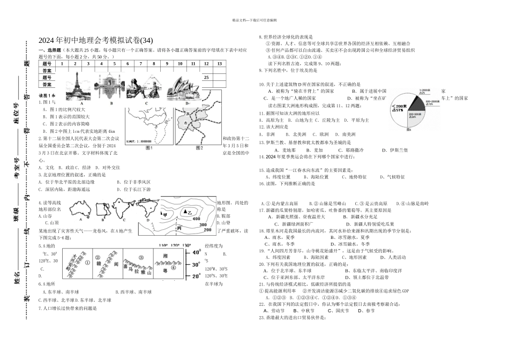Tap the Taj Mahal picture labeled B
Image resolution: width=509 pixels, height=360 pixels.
110,85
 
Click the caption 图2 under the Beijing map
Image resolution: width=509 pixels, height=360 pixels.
199,147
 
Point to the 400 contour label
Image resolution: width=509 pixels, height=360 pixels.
197,219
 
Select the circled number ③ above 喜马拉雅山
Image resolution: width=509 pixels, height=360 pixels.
141,257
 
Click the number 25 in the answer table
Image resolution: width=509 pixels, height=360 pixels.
206,77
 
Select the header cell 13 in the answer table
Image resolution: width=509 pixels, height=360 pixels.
219,63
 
